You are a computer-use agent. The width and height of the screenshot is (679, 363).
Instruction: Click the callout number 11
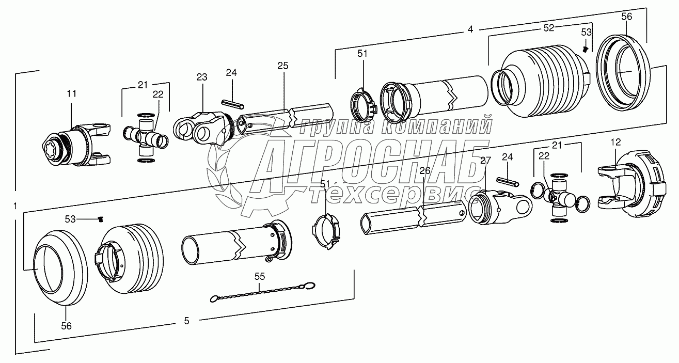72,93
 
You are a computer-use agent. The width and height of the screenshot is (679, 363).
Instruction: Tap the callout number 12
615,142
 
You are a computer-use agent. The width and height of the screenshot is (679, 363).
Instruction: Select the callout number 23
202,77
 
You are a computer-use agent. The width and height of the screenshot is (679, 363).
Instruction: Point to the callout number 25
283,66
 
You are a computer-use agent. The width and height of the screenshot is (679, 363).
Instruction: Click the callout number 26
424,171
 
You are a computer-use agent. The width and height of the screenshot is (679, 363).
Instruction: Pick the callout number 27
485,160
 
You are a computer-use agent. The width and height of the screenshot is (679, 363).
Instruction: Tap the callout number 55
260,276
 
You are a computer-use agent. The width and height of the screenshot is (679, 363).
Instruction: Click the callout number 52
549,28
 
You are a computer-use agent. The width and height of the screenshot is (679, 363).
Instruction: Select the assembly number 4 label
470,29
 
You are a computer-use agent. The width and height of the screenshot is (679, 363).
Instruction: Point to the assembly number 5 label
187,321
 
